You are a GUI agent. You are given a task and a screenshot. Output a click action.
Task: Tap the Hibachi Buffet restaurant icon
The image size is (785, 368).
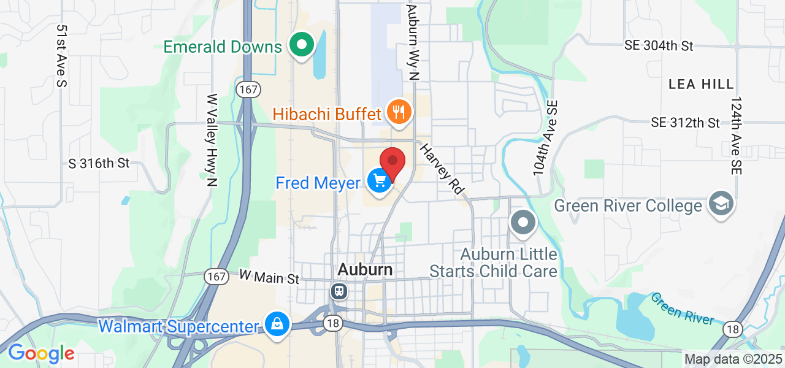click(x=400, y=112)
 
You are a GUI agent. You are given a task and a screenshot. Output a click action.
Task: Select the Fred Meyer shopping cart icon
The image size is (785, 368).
click(x=380, y=181)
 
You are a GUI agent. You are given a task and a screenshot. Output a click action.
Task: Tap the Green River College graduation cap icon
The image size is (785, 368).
click(x=721, y=204)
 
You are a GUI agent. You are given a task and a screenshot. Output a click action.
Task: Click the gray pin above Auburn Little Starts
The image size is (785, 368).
click(x=523, y=223)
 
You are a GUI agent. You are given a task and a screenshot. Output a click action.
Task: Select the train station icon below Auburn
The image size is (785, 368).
click(x=339, y=291)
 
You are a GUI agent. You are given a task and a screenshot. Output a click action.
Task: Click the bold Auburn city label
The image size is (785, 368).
click(x=365, y=270)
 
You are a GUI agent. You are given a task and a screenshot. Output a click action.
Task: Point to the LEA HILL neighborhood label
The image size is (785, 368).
click(x=700, y=84)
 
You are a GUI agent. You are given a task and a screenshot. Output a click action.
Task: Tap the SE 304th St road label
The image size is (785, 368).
click(x=659, y=46)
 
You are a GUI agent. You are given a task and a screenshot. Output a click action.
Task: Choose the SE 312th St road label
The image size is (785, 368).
click(x=685, y=123)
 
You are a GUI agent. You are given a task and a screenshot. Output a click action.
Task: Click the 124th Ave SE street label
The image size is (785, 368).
click(x=736, y=136)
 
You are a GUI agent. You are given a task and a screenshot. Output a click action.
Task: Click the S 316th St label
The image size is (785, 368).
click(x=99, y=164)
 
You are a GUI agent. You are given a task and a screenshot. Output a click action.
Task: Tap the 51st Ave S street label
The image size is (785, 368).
click(x=61, y=56)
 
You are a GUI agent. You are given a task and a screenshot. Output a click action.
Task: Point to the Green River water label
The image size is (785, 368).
click(x=682, y=309)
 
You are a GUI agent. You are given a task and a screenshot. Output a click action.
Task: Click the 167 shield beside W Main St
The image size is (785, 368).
click(x=217, y=277)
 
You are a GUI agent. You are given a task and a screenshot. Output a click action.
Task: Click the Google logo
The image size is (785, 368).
click(x=41, y=353)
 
